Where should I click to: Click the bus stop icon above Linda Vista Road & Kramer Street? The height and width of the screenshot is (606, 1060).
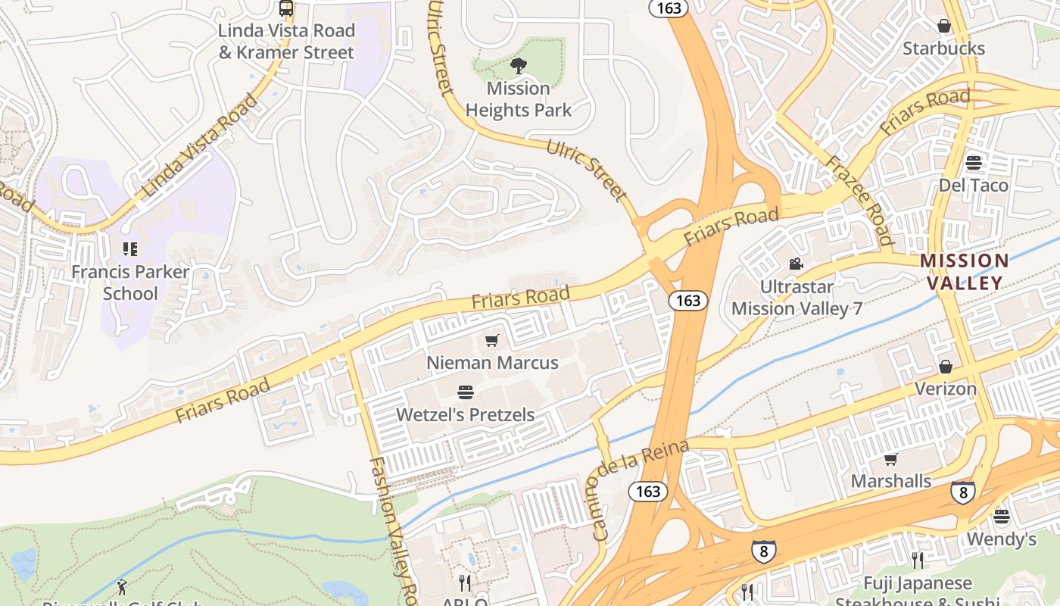[285, 8]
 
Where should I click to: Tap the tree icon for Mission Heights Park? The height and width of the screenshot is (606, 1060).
[519, 67]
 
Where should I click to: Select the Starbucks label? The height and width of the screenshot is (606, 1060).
[943, 48]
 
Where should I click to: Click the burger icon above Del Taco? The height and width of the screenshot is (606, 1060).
[973, 163]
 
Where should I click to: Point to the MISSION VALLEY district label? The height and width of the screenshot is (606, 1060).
[964, 272]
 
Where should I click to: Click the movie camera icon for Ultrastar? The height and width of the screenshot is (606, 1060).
[796, 264]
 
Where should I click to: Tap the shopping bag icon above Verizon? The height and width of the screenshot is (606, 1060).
[945, 367]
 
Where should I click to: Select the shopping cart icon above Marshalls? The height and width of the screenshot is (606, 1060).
[890, 459]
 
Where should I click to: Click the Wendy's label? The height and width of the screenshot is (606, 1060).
[1001, 539]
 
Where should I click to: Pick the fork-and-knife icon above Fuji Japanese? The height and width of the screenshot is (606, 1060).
[918, 561]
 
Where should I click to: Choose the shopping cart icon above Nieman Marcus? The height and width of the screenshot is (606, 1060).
[492, 341]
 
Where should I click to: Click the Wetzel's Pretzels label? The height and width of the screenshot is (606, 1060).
[465, 415]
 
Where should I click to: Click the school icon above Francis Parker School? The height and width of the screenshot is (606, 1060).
[129, 248]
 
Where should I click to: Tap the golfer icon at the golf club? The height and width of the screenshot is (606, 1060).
[122, 586]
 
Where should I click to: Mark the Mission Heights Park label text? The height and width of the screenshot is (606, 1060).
[519, 99]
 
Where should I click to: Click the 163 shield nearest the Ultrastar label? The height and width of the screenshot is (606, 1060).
[687, 301]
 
